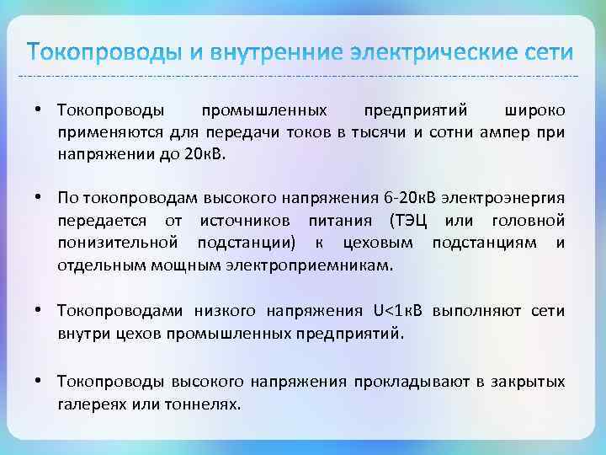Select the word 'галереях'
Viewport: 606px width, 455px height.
pyautogui.click(x=87, y=404)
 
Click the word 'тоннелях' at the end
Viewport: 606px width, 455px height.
pyautogui.click(x=205, y=404)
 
